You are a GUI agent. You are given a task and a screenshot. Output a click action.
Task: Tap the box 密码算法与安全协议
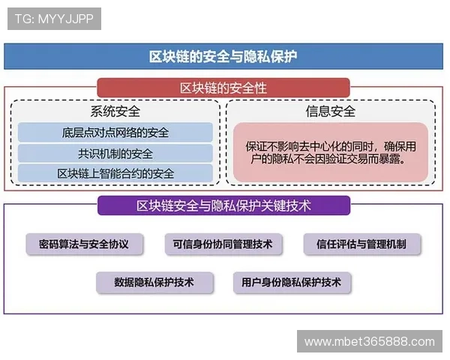coord(78,244)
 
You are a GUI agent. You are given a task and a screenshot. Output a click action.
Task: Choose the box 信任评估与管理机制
coord(362,244)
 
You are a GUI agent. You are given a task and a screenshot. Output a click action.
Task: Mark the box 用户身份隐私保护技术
coord(291,283)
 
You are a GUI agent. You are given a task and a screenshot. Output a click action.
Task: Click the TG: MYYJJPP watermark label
coord(54,19)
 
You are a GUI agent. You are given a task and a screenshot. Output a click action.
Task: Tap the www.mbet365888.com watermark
coord(369,342)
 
